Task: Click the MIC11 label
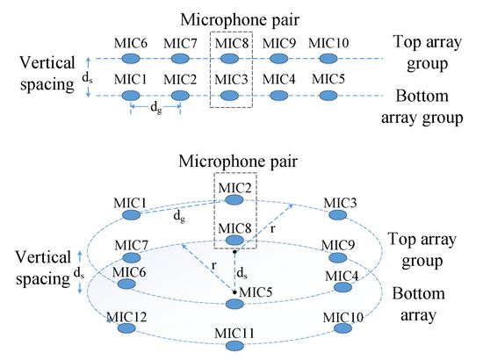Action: click(x=233, y=332)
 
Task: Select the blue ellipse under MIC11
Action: click(x=233, y=346)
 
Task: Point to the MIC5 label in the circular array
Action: click(x=255, y=292)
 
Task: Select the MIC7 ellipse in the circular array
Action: click(x=133, y=258)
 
